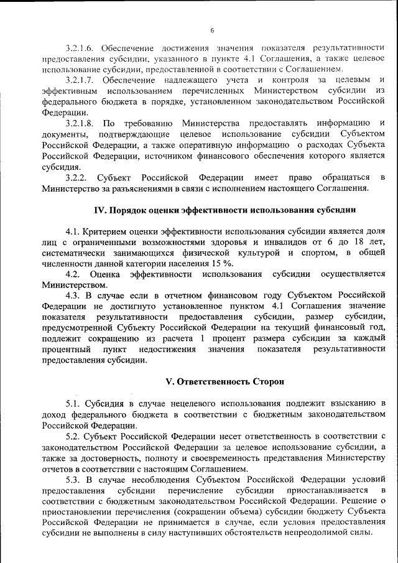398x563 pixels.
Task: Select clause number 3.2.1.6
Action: (83, 47)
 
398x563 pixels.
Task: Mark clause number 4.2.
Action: (73, 274)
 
